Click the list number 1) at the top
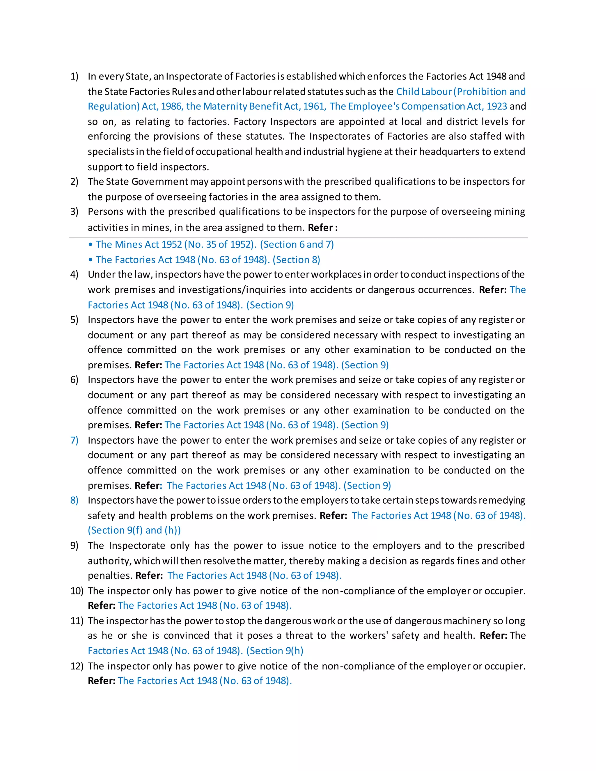74,77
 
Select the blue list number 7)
74,440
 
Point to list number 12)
76,666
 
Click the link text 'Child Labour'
424,92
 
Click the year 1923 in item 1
496,106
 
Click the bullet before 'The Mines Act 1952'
91,245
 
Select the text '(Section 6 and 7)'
297,245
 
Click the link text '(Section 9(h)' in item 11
274,651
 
